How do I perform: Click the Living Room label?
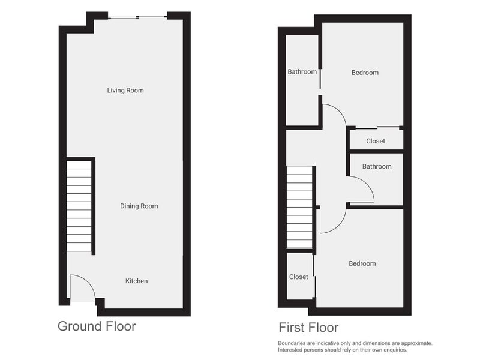[125, 91]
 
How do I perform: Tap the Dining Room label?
[139, 206]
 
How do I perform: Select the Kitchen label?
[137, 281]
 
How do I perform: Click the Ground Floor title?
[97, 326]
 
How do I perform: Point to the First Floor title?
[308, 328]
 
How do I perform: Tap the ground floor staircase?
[79, 206]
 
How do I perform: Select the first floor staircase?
[299, 207]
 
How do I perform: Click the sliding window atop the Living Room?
[138, 17]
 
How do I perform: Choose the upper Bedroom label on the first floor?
[365, 73]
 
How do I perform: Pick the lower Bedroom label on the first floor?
[362, 263]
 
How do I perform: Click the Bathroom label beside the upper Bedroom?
[302, 71]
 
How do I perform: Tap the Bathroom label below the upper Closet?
[377, 166]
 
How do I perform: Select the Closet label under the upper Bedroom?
[376, 141]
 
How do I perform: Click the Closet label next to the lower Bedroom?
[298, 277]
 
